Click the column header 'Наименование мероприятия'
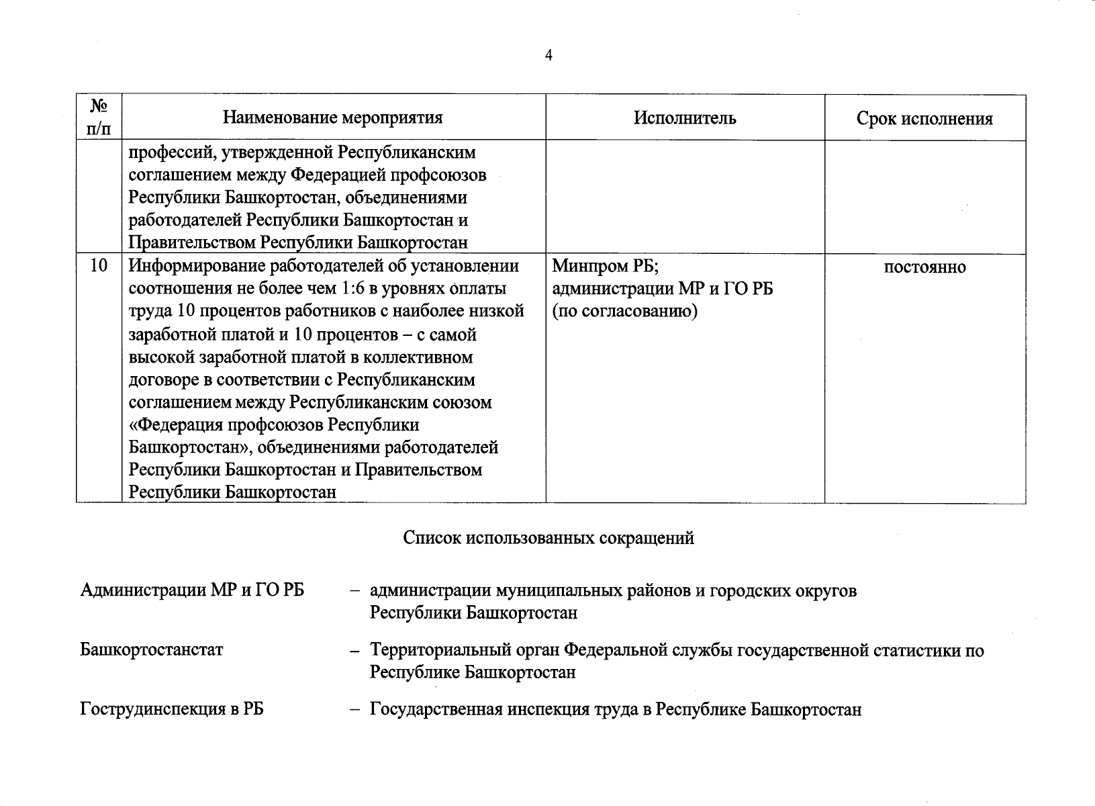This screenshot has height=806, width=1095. coord(333,118)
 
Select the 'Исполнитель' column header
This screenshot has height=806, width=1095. coord(685,118)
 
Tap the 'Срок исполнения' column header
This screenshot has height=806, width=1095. coord(924,120)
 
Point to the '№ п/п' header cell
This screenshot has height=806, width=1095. coord(99,117)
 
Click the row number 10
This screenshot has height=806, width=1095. coord(99,266)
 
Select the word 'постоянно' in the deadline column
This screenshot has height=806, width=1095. coord(924,267)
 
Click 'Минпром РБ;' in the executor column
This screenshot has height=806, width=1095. coord(606,267)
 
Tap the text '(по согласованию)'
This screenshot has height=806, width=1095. coord(624,312)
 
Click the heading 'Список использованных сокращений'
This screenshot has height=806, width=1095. coord(549,538)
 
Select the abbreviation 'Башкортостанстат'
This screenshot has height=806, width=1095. coord(151,650)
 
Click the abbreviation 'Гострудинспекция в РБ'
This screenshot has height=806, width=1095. coord(172,709)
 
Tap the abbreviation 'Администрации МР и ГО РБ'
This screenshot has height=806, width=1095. coord(192,590)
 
